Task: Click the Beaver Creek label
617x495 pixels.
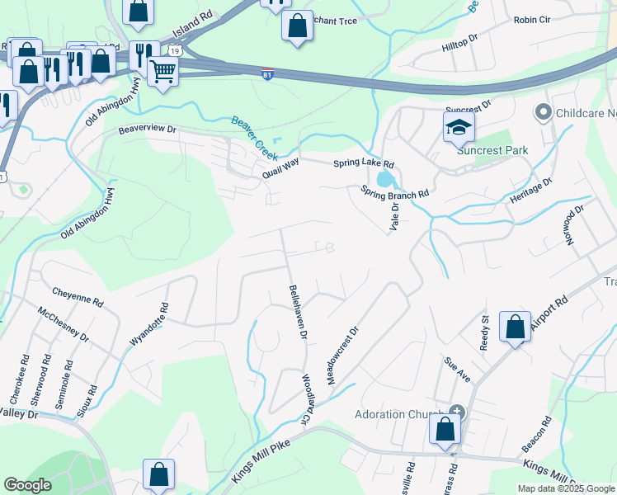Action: [257, 137]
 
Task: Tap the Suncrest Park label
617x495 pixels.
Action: [492, 150]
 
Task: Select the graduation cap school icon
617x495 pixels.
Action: [459, 127]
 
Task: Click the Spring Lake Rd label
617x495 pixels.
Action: [363, 164]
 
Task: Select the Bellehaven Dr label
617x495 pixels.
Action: [297, 313]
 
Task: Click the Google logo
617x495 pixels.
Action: [27, 485]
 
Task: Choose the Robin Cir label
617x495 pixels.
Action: [530, 20]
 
